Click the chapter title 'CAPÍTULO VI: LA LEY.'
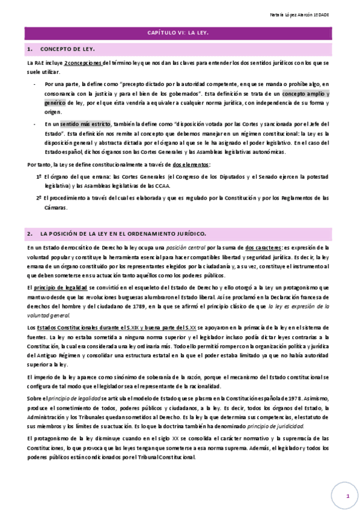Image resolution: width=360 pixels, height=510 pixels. coord(180,34)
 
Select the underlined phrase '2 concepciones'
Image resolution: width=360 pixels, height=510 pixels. coord(84,63)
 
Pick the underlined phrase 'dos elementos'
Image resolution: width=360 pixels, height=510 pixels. coord(191,165)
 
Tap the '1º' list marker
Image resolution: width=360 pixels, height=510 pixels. coord(39,178)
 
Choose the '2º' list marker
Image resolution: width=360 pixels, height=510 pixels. coord(39,198)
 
